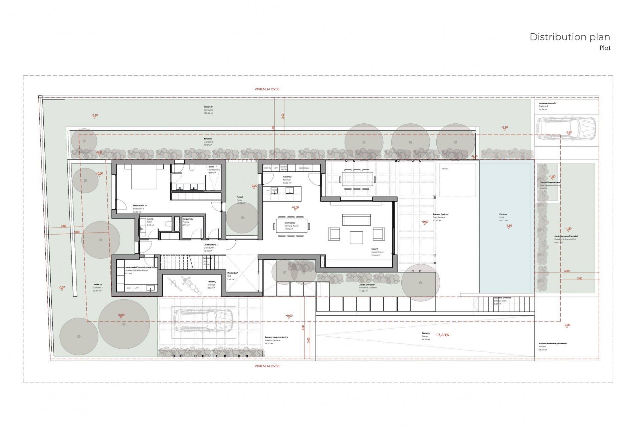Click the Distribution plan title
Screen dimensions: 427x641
(x=570, y=37)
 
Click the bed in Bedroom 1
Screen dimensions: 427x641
(x=144, y=176)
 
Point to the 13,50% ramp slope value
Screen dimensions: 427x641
(x=442, y=335)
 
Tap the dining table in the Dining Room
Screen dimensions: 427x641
(x=291, y=226)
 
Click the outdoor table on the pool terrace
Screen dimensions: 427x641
(x=357, y=179)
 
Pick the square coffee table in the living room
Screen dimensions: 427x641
(x=357, y=238)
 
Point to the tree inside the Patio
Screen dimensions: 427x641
(x=242, y=218)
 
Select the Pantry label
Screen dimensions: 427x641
(x=188, y=221)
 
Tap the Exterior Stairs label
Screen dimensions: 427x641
(x=502, y=299)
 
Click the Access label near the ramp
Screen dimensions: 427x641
(x=552, y=345)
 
